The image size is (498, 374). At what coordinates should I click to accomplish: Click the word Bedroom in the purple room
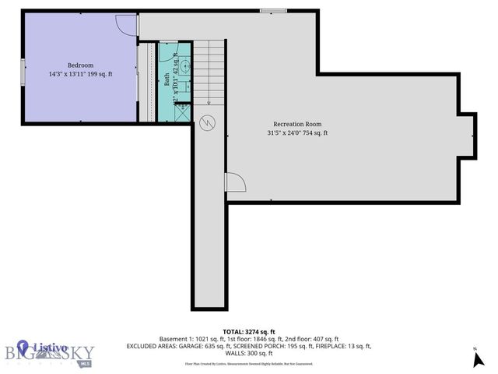pos(80,65)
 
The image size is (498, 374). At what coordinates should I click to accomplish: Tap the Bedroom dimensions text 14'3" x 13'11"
pos(69,75)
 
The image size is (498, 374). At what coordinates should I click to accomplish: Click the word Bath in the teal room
pos(167,79)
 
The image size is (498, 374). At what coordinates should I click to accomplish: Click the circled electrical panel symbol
pos(208,123)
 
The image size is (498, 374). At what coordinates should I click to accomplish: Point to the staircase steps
pos(209,74)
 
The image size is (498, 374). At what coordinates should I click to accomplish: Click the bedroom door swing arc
pos(125,24)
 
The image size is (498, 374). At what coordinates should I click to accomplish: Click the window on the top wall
pos(272,10)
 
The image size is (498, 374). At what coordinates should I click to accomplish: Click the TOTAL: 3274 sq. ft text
pos(249,330)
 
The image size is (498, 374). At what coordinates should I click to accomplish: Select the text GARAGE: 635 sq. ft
pos(205,346)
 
